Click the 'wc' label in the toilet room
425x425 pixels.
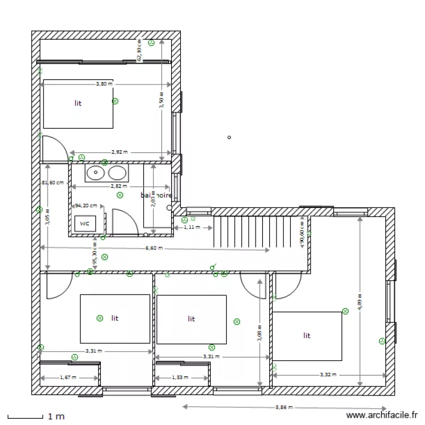(x=84, y=223)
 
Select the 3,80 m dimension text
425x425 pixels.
(x=104, y=84)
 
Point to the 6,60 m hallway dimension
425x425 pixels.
(x=154, y=248)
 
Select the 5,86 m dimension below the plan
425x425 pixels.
(x=284, y=407)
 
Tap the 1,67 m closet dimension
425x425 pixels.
(x=68, y=377)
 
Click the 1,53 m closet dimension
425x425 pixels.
(x=180, y=377)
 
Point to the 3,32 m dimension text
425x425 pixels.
(x=328, y=375)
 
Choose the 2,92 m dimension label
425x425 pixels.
(x=119, y=152)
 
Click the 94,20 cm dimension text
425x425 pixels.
(x=86, y=206)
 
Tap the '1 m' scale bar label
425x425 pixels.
(x=56, y=416)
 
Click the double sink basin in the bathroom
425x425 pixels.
(x=106, y=173)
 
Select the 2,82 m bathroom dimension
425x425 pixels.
(x=119, y=186)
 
